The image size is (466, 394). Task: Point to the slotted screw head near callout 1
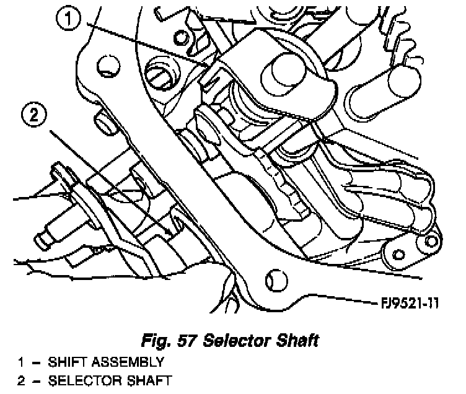click(x=162, y=77)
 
